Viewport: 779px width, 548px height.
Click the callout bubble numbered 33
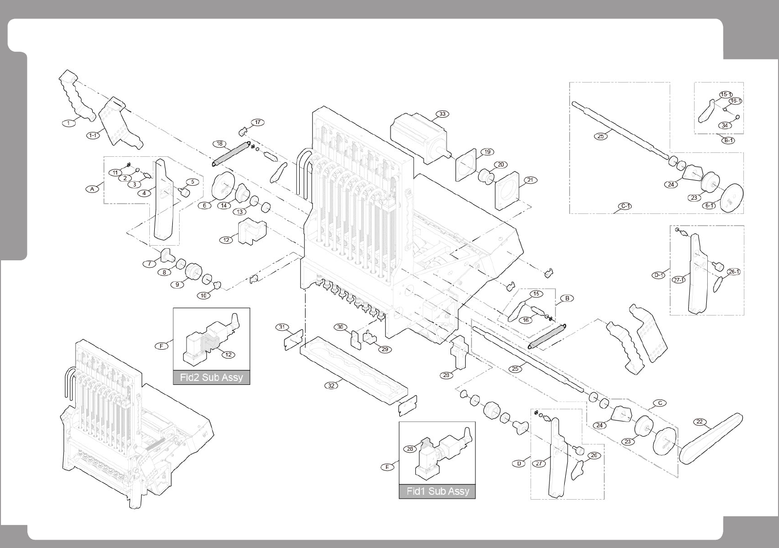[442, 114]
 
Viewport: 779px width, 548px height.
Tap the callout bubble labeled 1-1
[93, 135]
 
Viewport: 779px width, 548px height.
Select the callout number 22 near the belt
[699, 422]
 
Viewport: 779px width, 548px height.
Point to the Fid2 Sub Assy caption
[211, 378]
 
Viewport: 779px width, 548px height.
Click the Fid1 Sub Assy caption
[437, 491]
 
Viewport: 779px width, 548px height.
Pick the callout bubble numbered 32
[331, 385]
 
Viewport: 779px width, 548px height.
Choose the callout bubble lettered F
[162, 346]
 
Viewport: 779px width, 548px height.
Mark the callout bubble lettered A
[92, 189]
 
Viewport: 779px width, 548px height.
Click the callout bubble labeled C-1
[625, 206]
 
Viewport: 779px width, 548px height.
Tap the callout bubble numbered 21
[531, 180]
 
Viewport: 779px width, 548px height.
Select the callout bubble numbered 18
[220, 144]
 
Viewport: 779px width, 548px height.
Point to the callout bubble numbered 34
[725, 126]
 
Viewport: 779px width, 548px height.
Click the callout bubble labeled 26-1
[734, 272]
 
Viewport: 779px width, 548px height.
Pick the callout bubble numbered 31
[282, 327]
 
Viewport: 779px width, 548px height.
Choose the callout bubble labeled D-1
[658, 275]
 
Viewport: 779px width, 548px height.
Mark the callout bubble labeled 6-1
[709, 206]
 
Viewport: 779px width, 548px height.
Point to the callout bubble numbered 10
[204, 295]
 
